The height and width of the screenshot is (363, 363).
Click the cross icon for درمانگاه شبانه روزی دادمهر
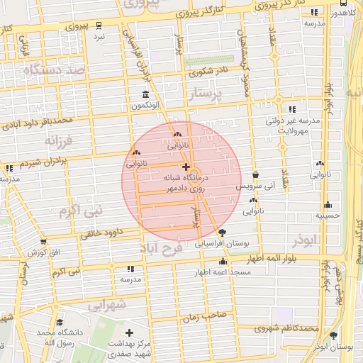coord(186,167)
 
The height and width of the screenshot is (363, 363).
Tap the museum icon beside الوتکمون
coord(145,95)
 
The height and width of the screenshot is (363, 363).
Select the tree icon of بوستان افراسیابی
coord(223,233)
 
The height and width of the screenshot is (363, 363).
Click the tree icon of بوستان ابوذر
coord(333,335)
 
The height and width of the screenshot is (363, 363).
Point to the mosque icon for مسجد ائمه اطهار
coord(223,261)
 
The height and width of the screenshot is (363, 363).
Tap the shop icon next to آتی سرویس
coord(255,175)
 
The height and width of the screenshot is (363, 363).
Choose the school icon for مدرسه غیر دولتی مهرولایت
coord(292,109)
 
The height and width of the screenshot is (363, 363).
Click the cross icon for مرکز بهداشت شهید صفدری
coord(128,333)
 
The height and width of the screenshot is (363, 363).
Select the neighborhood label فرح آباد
coord(162,247)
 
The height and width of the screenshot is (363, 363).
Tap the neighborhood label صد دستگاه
coord(54,70)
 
